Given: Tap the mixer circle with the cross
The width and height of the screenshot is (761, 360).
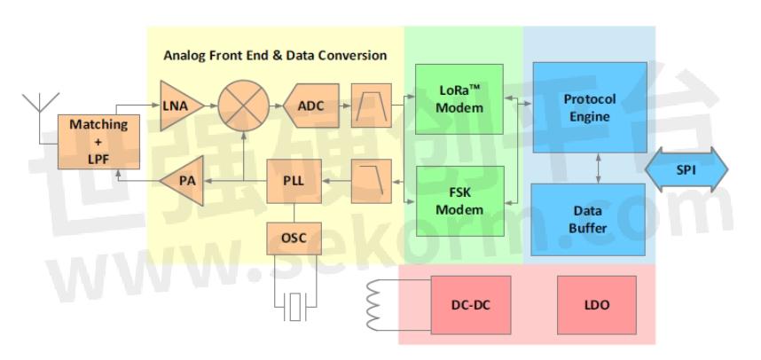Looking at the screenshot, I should pos(243,106).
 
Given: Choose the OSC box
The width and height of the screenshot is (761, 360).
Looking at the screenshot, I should pos(294,238).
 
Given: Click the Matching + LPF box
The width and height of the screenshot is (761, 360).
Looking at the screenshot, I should pos(98,140).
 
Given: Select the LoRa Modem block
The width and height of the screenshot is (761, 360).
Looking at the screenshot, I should pos(459,99).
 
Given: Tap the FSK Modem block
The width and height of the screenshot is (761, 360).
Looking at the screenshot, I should pos(459,201).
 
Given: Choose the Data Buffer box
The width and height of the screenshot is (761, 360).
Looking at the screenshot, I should pos(588,219).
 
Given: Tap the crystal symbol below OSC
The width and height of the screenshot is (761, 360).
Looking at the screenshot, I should pos(294,309).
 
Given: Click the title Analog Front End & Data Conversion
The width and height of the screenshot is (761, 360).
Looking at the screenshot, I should pos(275,55).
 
